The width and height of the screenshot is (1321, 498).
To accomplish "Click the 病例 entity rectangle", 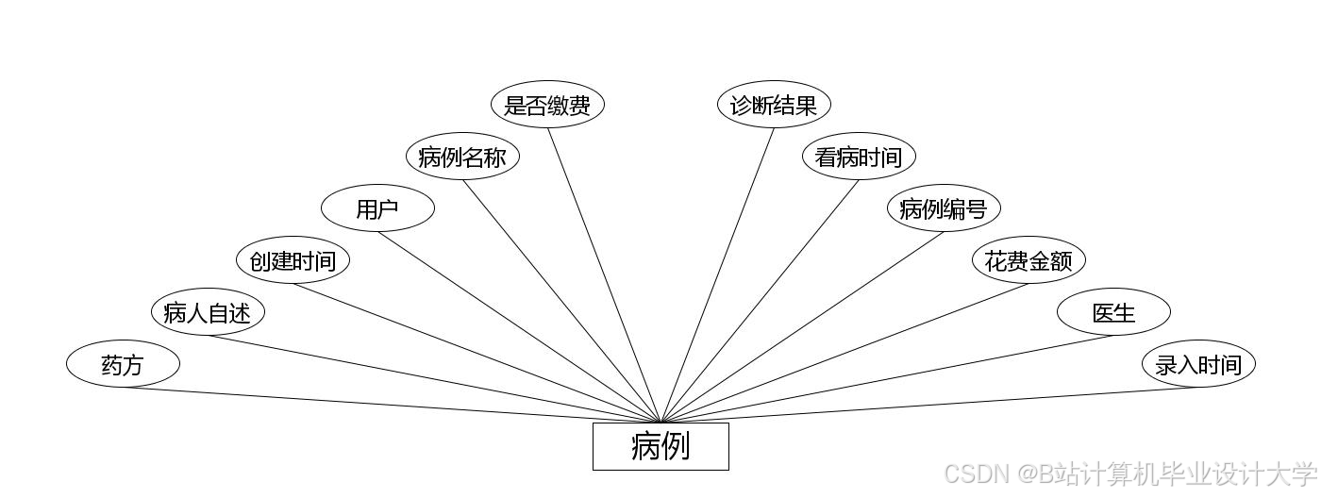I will tap(660, 446).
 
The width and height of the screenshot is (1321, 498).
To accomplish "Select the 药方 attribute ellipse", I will tap(123, 364).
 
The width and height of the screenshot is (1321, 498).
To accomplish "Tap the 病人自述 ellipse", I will tap(208, 312).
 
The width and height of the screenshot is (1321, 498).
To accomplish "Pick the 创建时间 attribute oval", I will tap(293, 260).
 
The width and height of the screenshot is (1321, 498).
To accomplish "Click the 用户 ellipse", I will tap(377, 208).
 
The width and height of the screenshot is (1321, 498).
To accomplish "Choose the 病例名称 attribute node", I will tap(462, 157).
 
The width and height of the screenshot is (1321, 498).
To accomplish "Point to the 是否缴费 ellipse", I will tap(547, 105).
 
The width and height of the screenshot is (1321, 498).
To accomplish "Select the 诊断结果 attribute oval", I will tap(774, 105).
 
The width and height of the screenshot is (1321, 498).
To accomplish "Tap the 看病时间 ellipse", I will tap(859, 157).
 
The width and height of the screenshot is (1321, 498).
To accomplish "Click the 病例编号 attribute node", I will tap(944, 208).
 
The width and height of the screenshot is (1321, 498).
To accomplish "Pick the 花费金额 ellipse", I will tap(1028, 260).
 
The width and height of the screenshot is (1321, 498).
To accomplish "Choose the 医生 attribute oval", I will tap(1113, 312).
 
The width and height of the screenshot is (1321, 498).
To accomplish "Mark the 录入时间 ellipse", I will tap(1198, 364).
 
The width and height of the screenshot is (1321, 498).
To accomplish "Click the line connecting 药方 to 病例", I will tap(392, 406).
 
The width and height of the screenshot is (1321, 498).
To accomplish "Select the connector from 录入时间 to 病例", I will tap(929, 406).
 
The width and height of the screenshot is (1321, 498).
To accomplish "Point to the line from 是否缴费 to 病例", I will tap(604, 274).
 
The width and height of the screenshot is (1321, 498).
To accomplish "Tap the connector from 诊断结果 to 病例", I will tap(717, 274).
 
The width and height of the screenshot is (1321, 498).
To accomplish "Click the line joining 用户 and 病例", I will tap(519, 326).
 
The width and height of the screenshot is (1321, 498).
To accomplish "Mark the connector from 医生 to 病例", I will tap(887, 379).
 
